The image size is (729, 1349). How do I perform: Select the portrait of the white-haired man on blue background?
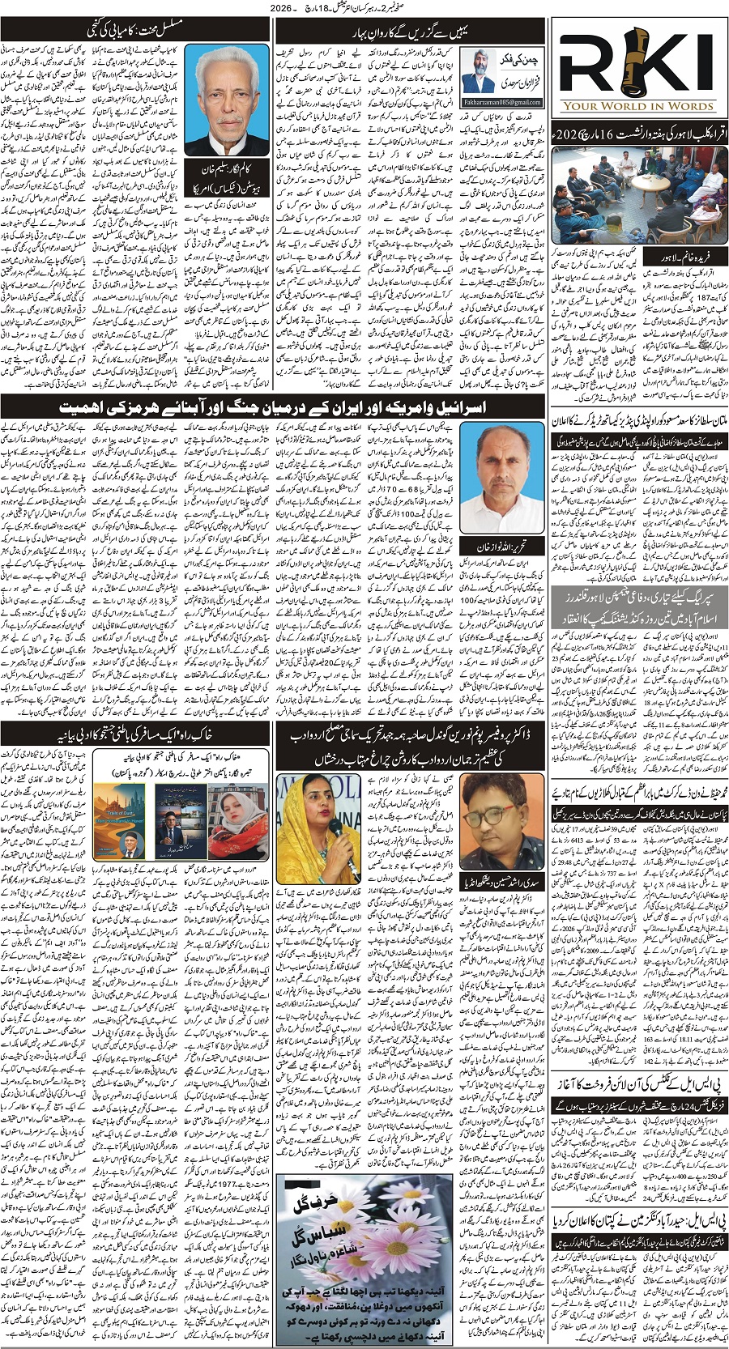pos(224,100)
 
